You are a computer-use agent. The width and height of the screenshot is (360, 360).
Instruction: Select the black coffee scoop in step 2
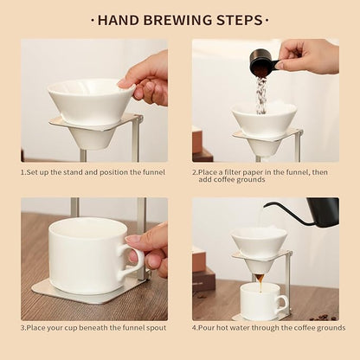coord(262,63)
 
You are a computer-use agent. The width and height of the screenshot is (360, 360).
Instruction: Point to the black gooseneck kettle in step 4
coord(322,212)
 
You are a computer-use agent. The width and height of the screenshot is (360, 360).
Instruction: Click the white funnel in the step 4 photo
coord(258,243)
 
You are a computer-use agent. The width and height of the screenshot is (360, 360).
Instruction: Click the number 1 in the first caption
coord(22,171)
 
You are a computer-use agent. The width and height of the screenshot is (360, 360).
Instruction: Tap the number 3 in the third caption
coord(22,328)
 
